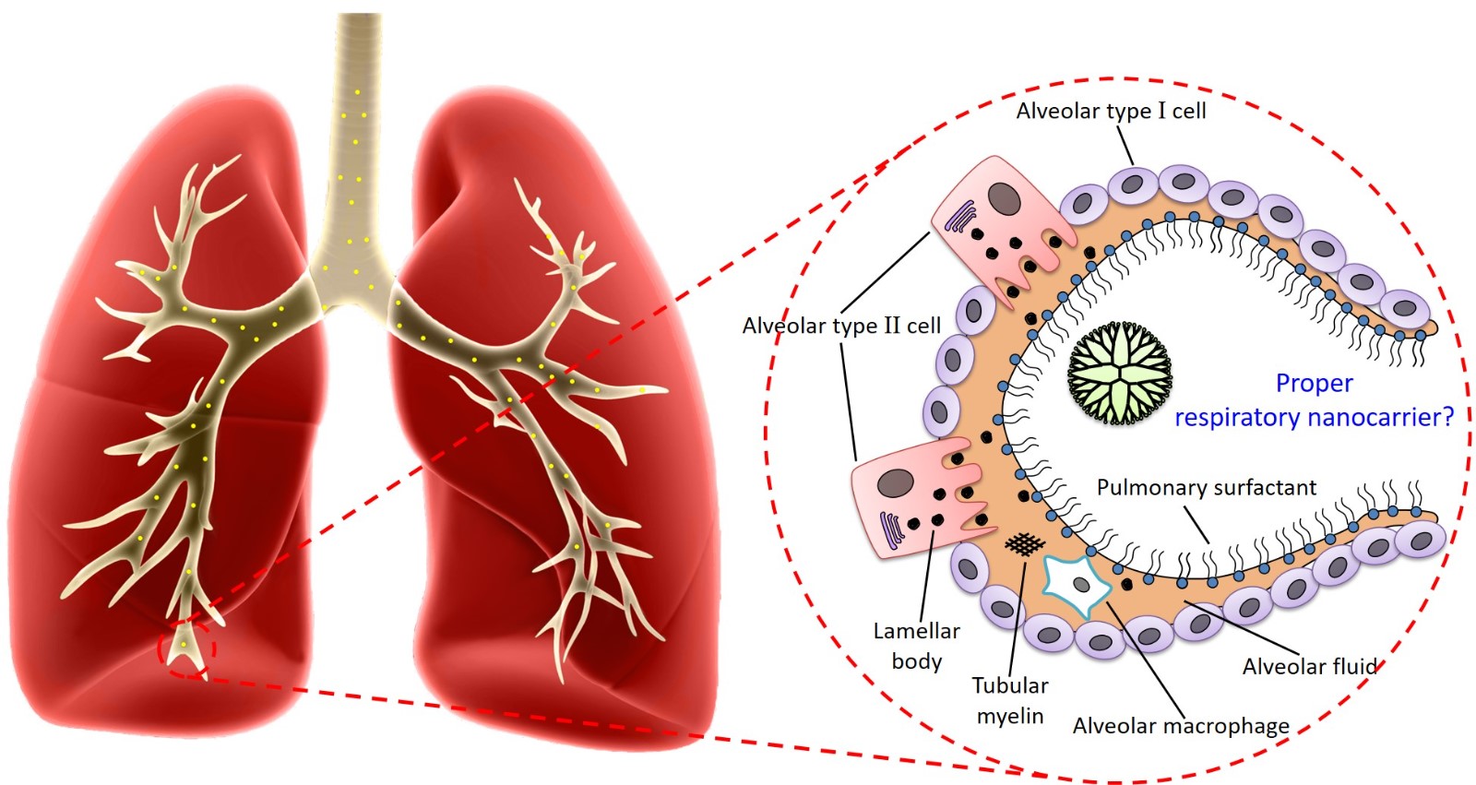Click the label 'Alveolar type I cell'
click(x=1111, y=111)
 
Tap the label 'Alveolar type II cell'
click(x=841, y=326)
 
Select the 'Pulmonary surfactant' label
click(x=1206, y=487)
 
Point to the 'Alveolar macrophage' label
click(x=1181, y=726)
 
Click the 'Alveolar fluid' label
click(x=1309, y=666)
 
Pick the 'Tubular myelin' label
click(x=1010, y=700)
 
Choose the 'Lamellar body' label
click(x=916, y=646)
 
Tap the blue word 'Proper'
click(x=1314, y=383)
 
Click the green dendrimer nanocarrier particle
click(x=1119, y=374)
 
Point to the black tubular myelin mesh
click(x=1021, y=544)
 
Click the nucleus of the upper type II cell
click(x=1004, y=197)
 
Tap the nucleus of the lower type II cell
click(x=895, y=482)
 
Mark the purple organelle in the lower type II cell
click(x=892, y=529)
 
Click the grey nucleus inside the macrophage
click(x=1081, y=585)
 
